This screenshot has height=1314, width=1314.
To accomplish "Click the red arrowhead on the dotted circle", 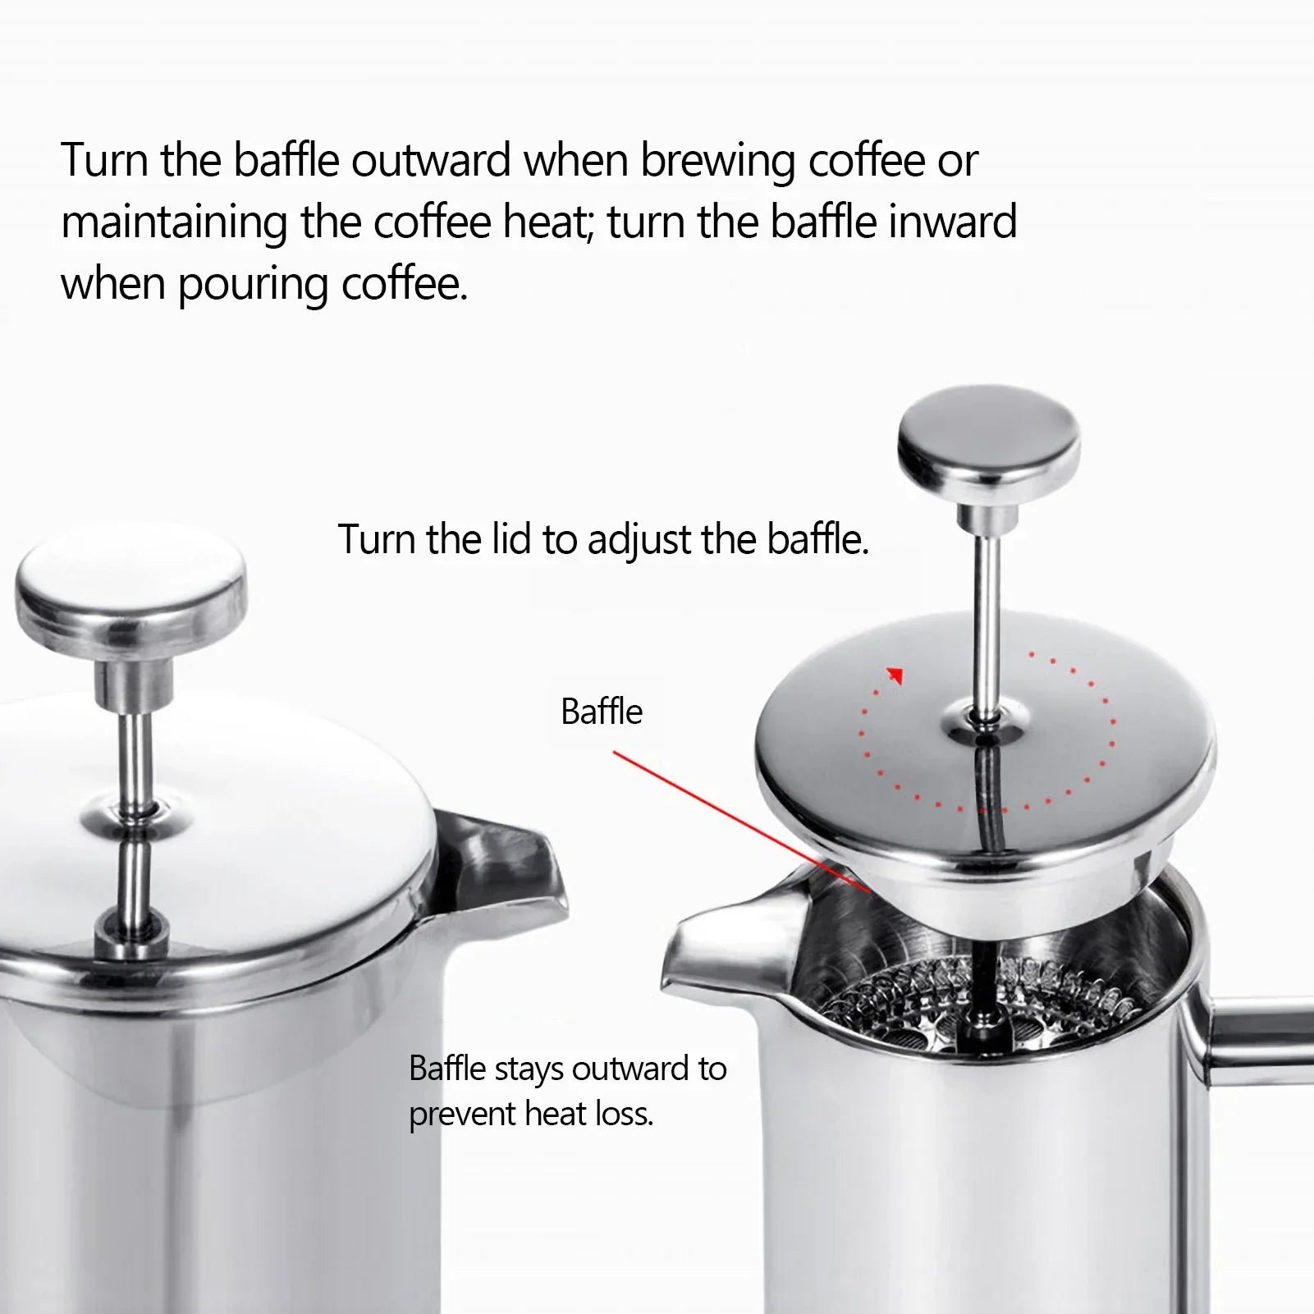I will pyautogui.click(x=895, y=675).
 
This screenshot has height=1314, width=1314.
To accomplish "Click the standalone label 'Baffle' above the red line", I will pyautogui.click(x=601, y=712).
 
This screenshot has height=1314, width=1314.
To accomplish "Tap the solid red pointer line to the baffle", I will pyautogui.click(x=739, y=821).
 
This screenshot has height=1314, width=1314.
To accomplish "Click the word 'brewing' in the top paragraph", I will pyautogui.click(x=717, y=160).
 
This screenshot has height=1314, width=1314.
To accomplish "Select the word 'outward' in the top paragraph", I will pyautogui.click(x=432, y=160).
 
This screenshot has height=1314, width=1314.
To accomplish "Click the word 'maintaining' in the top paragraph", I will pyautogui.click(x=173, y=222).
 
